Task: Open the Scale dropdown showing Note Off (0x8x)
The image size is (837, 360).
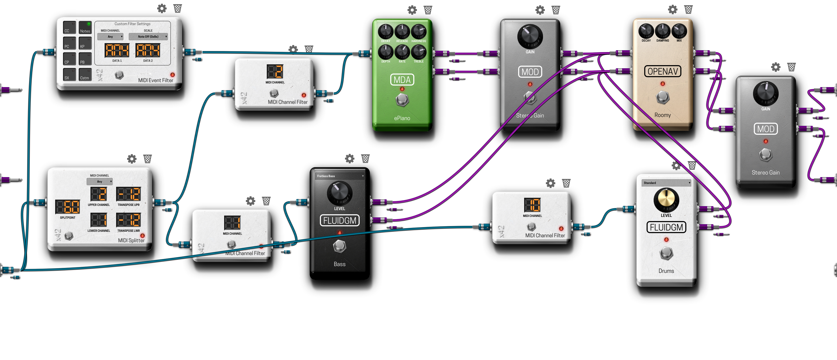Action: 148,37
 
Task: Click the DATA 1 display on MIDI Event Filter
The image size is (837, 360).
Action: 117,50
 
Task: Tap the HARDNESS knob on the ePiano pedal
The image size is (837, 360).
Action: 418,31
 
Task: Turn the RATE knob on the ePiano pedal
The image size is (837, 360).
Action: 402,52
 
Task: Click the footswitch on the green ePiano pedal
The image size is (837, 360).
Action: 402,100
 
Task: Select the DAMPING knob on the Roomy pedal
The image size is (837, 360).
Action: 662,31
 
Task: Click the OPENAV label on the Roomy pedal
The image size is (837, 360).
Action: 662,71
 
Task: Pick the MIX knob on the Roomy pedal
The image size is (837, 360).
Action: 679,31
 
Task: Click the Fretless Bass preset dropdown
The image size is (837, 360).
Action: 340,176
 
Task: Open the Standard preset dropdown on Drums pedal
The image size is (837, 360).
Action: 666,183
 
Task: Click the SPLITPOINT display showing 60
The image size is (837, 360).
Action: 67,207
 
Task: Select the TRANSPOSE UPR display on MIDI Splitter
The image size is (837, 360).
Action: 128,194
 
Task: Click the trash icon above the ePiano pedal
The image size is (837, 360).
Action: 428,10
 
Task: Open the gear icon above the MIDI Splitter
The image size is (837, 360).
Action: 132,159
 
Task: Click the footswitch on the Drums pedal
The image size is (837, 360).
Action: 666,253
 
